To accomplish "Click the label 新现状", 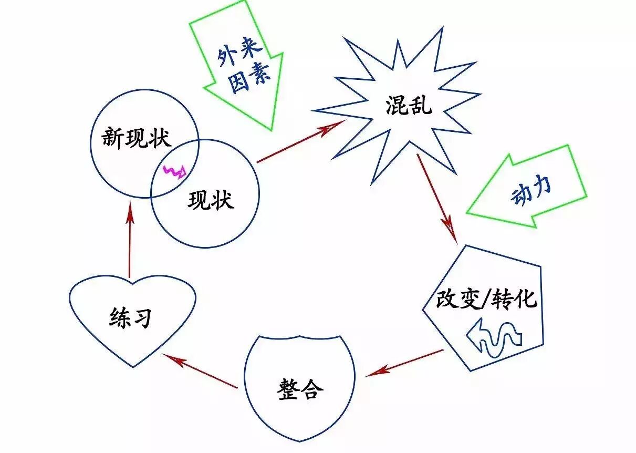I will [x=135, y=138].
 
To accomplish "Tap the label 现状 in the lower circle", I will [x=211, y=200].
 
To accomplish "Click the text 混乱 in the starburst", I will [x=408, y=106].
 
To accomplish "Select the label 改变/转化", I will [x=486, y=300].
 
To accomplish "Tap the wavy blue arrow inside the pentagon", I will [x=494, y=338].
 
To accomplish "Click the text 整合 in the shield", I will [x=300, y=390].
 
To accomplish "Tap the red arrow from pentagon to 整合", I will [x=405, y=363].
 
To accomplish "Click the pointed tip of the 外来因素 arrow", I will [x=272, y=129].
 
